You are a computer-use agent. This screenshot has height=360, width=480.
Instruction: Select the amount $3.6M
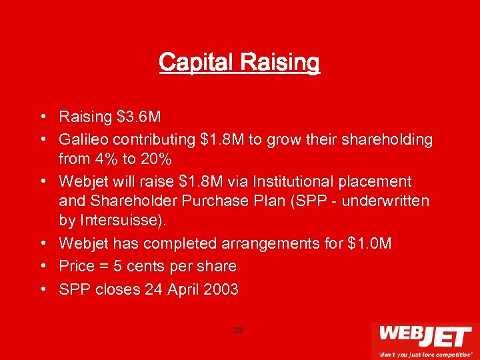(x=139, y=117)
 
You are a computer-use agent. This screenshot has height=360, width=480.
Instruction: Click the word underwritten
(x=386, y=201)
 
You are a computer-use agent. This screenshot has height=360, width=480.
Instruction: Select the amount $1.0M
(x=370, y=244)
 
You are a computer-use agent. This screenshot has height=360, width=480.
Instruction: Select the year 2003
(x=222, y=290)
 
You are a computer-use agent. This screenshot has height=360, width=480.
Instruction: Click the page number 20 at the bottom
(x=238, y=330)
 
